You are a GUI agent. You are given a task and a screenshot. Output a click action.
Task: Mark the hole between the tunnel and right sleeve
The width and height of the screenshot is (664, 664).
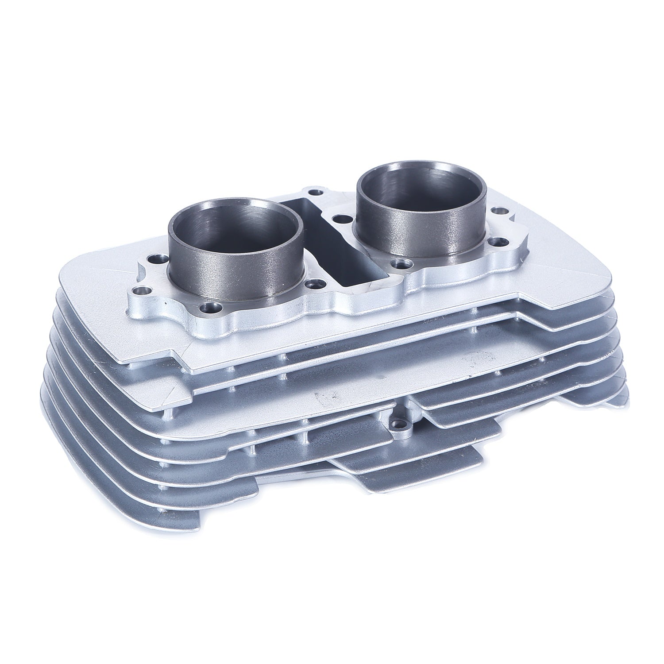[340, 218]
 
